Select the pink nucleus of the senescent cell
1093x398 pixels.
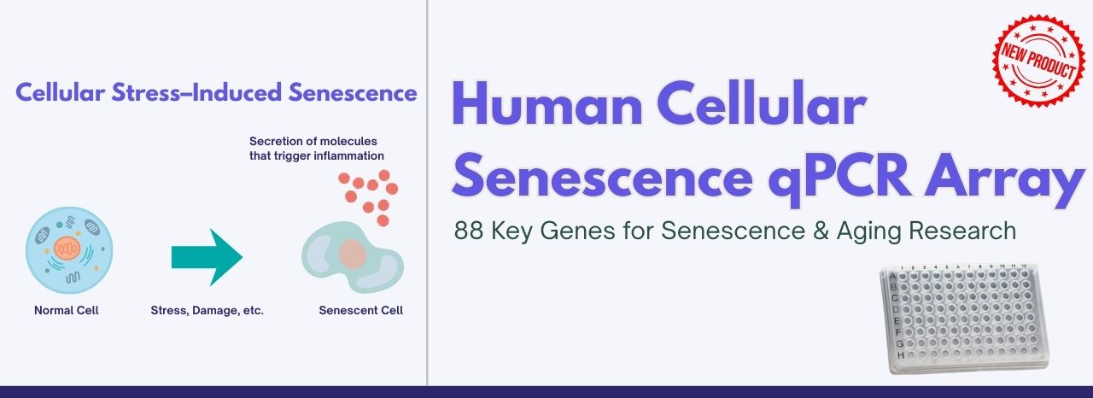tap(351, 254)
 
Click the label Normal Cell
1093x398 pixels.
tap(67, 310)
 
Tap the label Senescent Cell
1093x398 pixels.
tap(360, 310)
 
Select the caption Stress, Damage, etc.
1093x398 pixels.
tap(207, 310)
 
